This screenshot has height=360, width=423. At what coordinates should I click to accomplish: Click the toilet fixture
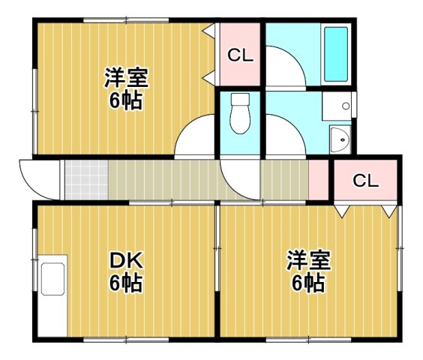239,115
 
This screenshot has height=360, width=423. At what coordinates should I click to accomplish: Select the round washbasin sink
340,139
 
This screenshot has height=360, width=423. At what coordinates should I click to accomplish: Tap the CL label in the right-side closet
365,181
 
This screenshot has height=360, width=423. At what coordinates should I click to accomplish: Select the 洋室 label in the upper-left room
125,78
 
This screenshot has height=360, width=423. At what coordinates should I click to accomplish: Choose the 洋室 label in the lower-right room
307,262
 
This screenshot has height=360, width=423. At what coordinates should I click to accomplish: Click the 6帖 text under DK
126,284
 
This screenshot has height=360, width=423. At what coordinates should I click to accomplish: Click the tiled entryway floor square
85,180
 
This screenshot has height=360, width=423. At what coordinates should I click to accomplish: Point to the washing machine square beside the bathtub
337,106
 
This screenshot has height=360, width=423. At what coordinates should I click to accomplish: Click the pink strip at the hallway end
319,180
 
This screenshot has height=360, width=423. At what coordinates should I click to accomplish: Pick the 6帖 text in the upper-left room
125,100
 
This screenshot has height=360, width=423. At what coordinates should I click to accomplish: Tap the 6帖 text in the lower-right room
307,284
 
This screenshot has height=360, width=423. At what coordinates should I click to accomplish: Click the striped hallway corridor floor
165,180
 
